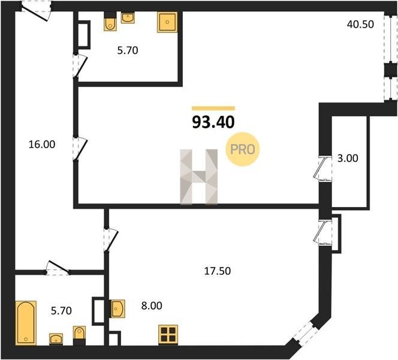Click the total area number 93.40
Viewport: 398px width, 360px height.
click(213, 122)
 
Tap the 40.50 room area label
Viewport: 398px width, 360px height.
click(360, 25)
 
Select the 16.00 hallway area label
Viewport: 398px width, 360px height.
click(41, 145)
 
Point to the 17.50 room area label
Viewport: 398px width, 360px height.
click(218, 271)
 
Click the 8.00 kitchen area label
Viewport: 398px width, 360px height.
click(152, 305)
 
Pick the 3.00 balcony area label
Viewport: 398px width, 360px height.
click(348, 158)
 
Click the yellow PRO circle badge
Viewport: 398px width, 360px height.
click(243, 149)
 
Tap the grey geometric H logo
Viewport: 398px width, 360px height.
click(199, 176)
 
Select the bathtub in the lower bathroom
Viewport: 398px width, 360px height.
click(26, 323)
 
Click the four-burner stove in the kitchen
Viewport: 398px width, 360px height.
click(168, 335)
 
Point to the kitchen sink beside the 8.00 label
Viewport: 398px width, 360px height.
click(117, 308)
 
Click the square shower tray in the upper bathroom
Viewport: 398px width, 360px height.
click(167, 22)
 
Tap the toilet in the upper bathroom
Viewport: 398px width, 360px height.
click(110, 22)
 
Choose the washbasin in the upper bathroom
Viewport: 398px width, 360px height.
click(128, 17)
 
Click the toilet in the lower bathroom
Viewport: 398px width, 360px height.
click(80, 335)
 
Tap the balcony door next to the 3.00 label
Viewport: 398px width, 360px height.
click(322, 169)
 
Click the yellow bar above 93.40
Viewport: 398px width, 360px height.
click(213, 109)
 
